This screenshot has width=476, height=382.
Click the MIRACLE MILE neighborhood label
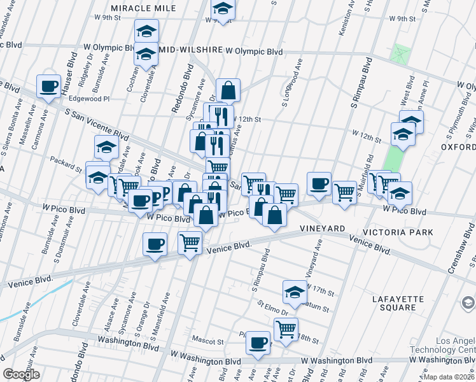coord(143,8)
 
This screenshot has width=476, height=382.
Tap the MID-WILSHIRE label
coord(190,50)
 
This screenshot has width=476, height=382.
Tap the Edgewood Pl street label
coord(88,99)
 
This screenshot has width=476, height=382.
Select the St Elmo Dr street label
coord(272,311)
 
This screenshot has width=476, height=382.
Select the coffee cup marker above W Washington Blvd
coord(258,342)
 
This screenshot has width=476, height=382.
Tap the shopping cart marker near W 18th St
coord(286,329)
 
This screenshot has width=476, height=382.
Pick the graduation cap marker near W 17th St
coord(295,291)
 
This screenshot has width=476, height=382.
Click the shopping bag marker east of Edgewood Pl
coord(228,90)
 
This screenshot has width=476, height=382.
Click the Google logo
coord(22,374)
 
